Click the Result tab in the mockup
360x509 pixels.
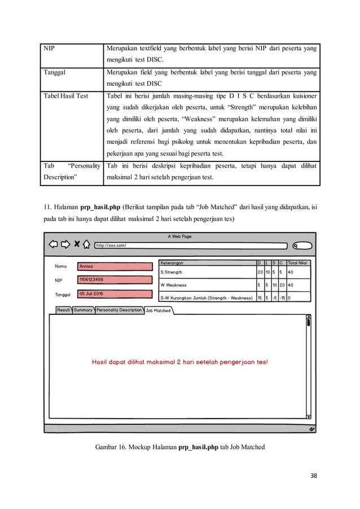[64, 310]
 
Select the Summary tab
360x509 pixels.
[83, 310]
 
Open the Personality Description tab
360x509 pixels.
[119, 310]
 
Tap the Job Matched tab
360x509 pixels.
[158, 310]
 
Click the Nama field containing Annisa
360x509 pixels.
[115, 266]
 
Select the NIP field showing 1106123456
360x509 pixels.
[115, 279]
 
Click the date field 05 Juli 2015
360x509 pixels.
[115, 293]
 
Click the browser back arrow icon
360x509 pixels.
[53, 244]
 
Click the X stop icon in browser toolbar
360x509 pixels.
[76, 244]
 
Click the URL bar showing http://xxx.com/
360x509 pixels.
[192, 245]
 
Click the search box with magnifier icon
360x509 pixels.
[302, 245]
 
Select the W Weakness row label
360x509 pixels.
[173, 285]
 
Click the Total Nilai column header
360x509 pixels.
[298, 262]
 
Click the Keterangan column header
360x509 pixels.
[172, 262]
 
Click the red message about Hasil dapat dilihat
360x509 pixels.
[180, 362]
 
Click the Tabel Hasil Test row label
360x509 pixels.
[66, 96]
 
